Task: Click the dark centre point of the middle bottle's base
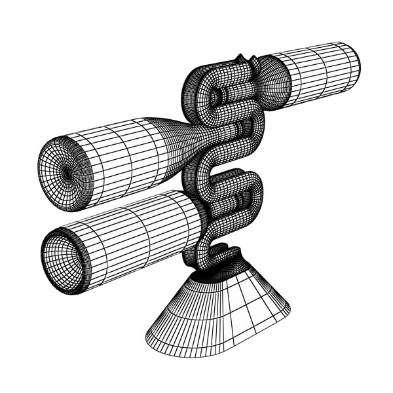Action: point(67,172)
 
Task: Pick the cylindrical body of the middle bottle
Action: point(124,154)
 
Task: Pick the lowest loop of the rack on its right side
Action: point(252,196)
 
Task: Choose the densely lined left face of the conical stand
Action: point(177,308)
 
